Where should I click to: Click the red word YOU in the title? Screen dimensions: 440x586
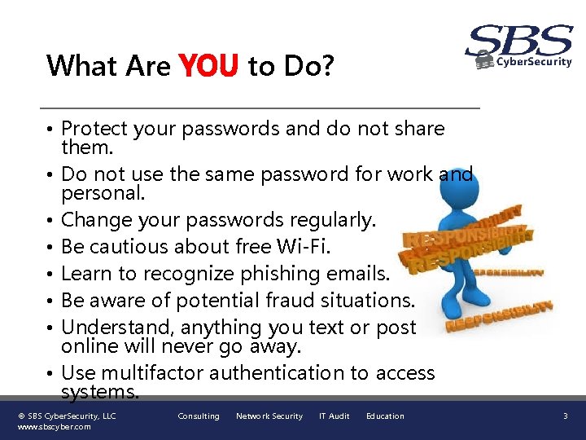(208, 65)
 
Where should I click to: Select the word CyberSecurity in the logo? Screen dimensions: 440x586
(534, 62)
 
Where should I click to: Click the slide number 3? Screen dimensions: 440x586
(565, 416)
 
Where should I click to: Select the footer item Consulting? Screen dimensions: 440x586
(199, 416)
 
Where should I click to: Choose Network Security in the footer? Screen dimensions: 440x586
(269, 416)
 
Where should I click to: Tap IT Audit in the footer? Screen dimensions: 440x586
(334, 416)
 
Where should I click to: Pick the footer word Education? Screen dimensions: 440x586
(385, 416)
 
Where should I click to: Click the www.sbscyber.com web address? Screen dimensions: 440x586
(55, 427)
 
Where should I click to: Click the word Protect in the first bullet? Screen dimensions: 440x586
(94, 129)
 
